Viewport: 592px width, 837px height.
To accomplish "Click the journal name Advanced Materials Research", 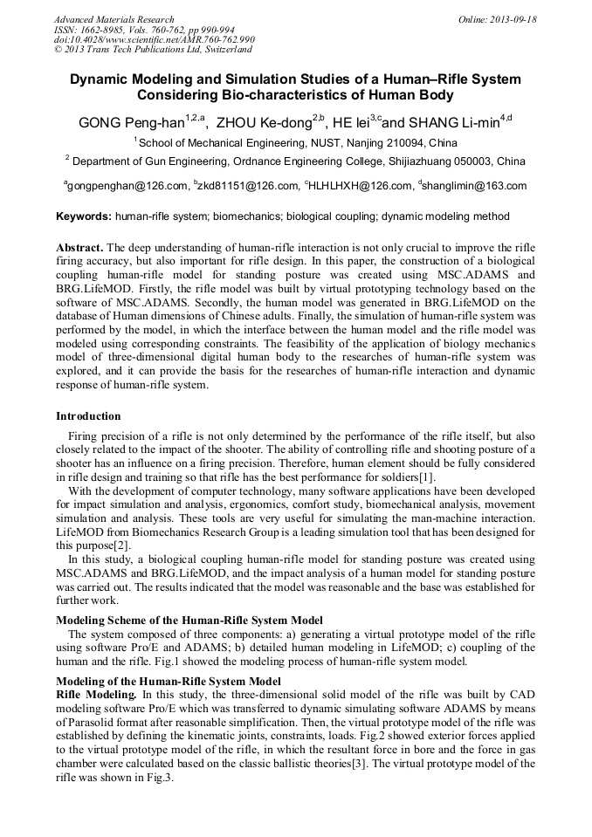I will point(114,19).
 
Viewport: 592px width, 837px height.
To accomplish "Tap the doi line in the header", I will point(154,40).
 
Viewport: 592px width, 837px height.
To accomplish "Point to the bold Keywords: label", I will point(84,216).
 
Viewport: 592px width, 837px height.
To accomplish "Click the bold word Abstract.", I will point(80,248).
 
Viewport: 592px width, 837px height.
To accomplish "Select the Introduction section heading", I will point(88,416).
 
